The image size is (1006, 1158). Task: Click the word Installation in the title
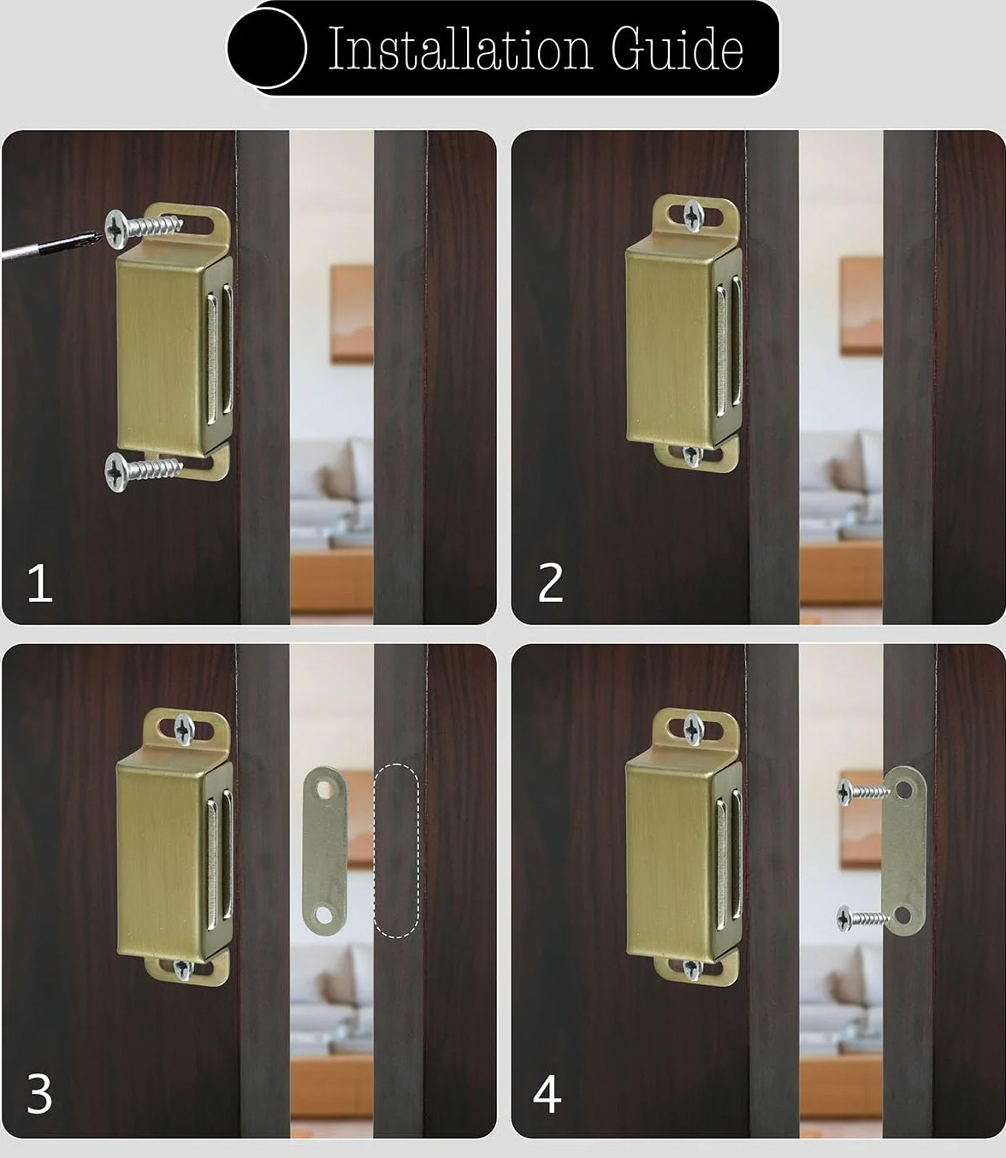pos(459,49)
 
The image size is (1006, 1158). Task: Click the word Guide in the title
pos(678,49)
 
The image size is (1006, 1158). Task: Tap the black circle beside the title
pos(267,48)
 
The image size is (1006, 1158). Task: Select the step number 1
pos(40,583)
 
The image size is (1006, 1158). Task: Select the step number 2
pos(550,583)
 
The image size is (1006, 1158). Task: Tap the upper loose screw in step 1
pos(144,228)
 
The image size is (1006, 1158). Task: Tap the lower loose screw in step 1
pos(144,471)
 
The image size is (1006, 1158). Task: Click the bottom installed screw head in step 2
pos(692,455)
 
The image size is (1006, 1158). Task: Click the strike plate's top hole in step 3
pos(325,789)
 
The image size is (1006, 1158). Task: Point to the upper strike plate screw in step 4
pos(863,792)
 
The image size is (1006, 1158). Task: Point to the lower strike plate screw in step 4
pos(863,919)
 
